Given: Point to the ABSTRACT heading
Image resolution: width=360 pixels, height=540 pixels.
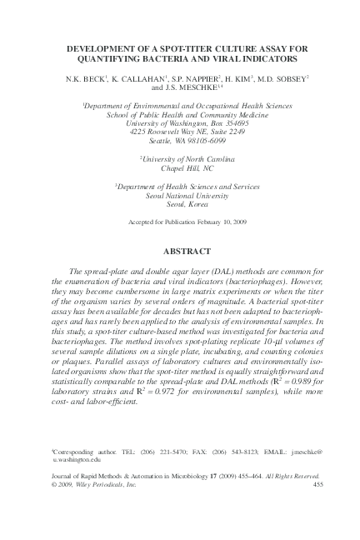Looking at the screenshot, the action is [179, 249].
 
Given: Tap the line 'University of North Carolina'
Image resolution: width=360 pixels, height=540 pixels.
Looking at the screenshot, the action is [179, 158].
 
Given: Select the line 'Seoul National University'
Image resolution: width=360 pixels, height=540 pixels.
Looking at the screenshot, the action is [179, 197].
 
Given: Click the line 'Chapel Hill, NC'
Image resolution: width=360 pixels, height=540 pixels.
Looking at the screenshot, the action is [179, 167].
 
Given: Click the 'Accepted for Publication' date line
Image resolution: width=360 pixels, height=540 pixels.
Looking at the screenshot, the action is [179, 224].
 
